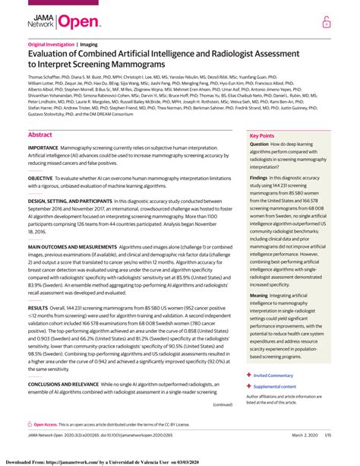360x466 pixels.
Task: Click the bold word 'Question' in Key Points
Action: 259,144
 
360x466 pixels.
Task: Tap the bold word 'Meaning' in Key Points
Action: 259,293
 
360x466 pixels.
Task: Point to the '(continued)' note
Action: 222,405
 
